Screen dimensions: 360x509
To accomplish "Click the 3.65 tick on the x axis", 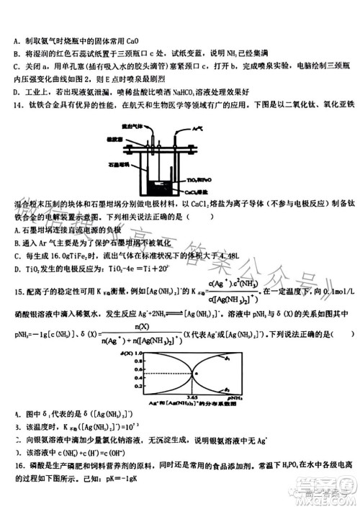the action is pos(192,398).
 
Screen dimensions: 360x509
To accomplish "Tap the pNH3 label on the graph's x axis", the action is pos(234,398).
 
